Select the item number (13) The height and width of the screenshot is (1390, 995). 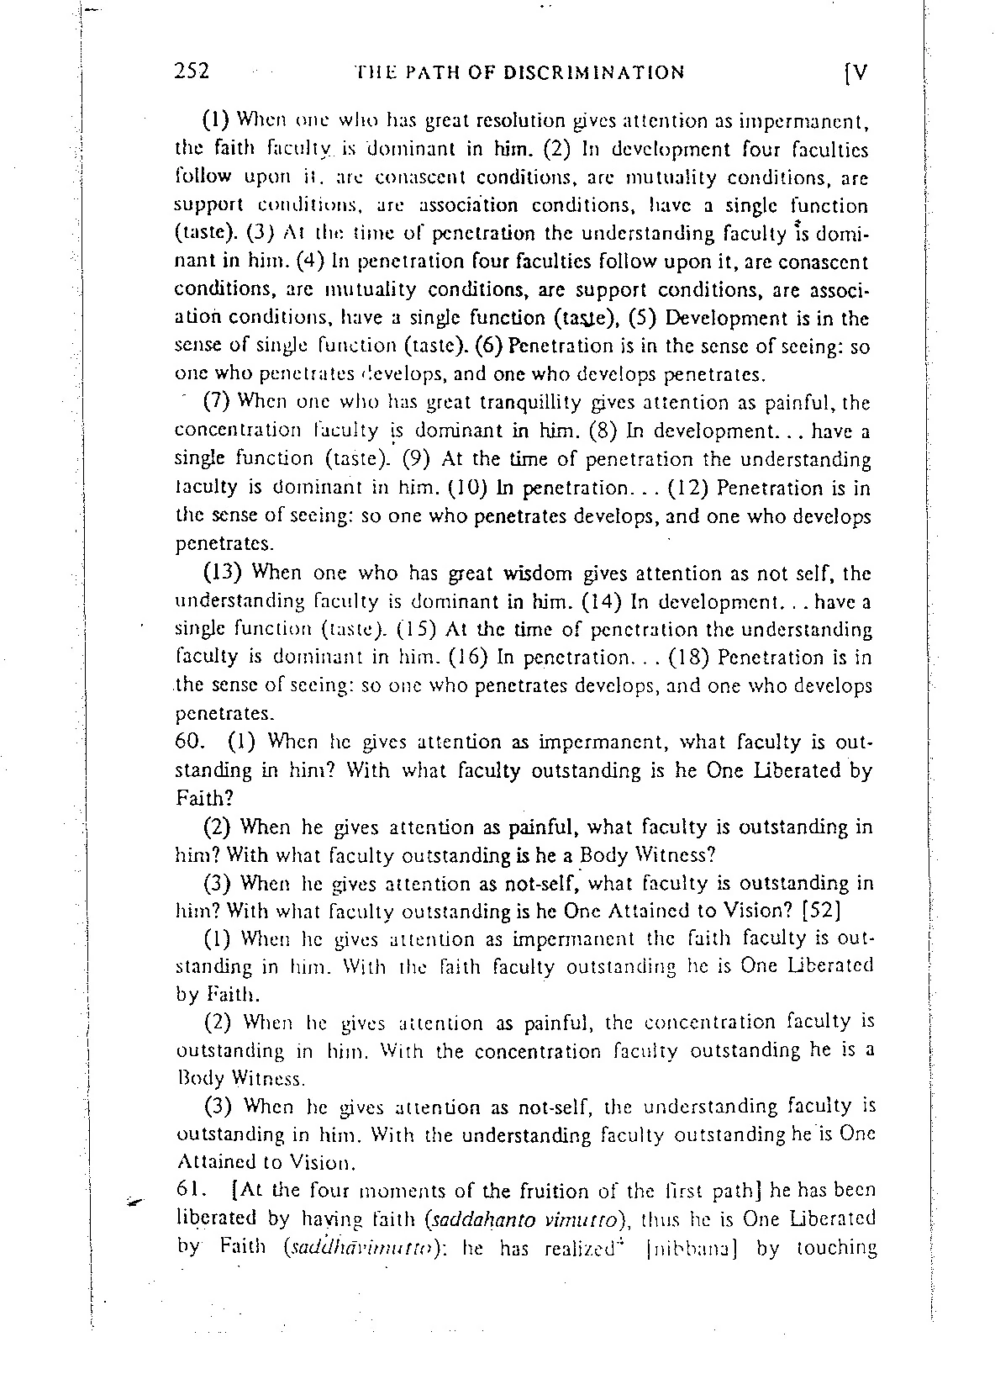[224, 573]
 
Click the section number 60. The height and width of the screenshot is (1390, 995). [191, 743]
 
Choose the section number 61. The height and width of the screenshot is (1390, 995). [191, 1191]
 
